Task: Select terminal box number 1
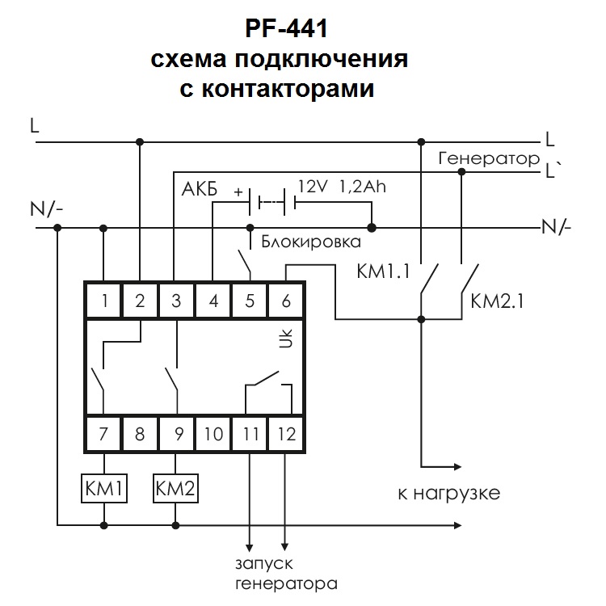click(104, 302)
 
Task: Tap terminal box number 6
click(287, 302)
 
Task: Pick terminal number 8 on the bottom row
click(141, 435)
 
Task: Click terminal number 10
click(213, 435)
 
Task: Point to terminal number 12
click(287, 435)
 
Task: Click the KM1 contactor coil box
click(104, 488)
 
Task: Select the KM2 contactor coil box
click(177, 488)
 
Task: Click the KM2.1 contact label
click(498, 303)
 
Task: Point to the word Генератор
click(488, 159)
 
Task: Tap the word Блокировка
click(305, 241)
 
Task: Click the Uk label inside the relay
click(284, 340)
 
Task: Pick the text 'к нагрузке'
click(449, 491)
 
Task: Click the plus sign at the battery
click(238, 192)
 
